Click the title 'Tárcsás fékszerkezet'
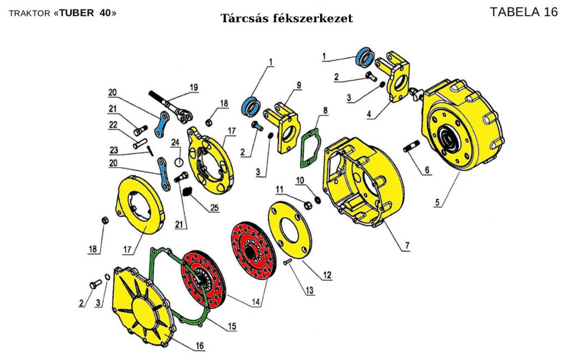(x=287, y=18)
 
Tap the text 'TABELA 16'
(x=524, y=12)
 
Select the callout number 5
(x=438, y=203)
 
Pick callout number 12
(x=328, y=274)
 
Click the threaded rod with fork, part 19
(x=169, y=106)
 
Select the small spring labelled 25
(x=188, y=192)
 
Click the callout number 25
(x=214, y=208)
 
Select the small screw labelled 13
(x=287, y=263)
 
